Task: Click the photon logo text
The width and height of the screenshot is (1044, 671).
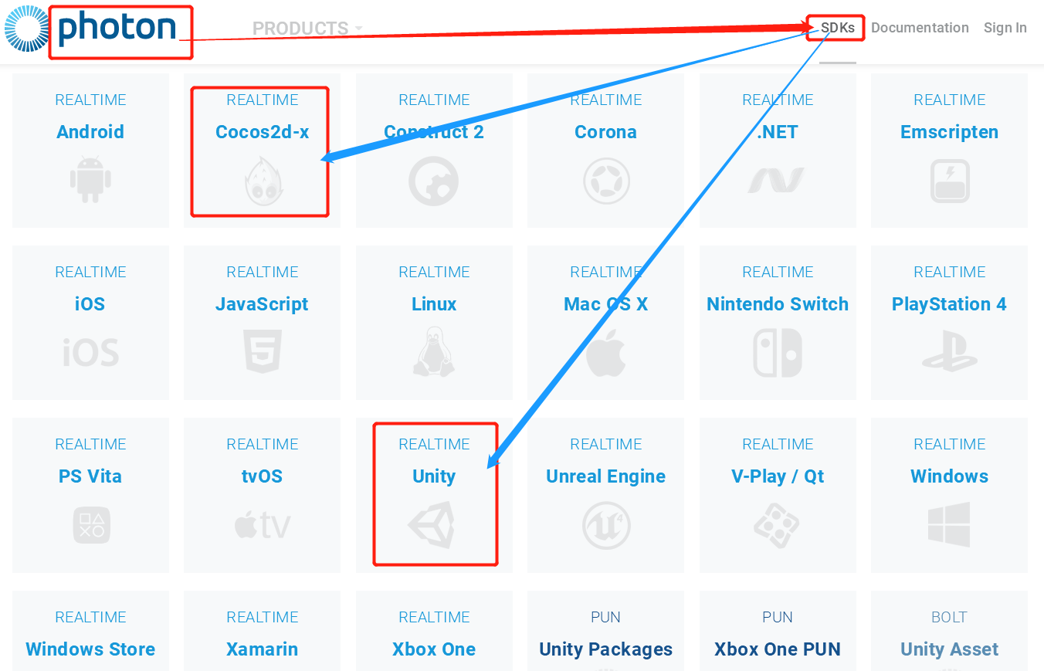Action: [x=117, y=28]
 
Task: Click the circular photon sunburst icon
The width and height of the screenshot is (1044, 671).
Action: [x=27, y=28]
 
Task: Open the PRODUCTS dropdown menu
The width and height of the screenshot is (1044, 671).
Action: [x=307, y=29]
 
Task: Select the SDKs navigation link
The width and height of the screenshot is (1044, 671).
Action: [x=838, y=28]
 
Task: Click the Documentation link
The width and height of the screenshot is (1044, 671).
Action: [x=920, y=28]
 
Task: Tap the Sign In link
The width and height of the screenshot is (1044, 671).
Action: [x=1005, y=28]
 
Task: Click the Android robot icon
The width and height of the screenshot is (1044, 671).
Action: [x=90, y=180]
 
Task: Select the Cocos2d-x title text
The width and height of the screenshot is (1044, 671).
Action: [x=263, y=132]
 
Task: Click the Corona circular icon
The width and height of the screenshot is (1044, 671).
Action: [x=606, y=181]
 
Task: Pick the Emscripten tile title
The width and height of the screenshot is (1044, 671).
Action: [x=949, y=132]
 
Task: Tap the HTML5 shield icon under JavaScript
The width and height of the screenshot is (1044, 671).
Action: [x=263, y=352]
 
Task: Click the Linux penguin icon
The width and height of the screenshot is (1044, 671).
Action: [x=434, y=352]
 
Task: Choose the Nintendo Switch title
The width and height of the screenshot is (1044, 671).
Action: [x=778, y=304]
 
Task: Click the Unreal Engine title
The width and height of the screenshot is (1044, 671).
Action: [x=606, y=476]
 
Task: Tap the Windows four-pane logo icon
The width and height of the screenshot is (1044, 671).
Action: [x=949, y=525]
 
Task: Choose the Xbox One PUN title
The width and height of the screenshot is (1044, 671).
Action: [x=778, y=649]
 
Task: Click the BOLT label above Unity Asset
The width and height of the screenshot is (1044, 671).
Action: [x=949, y=617]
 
